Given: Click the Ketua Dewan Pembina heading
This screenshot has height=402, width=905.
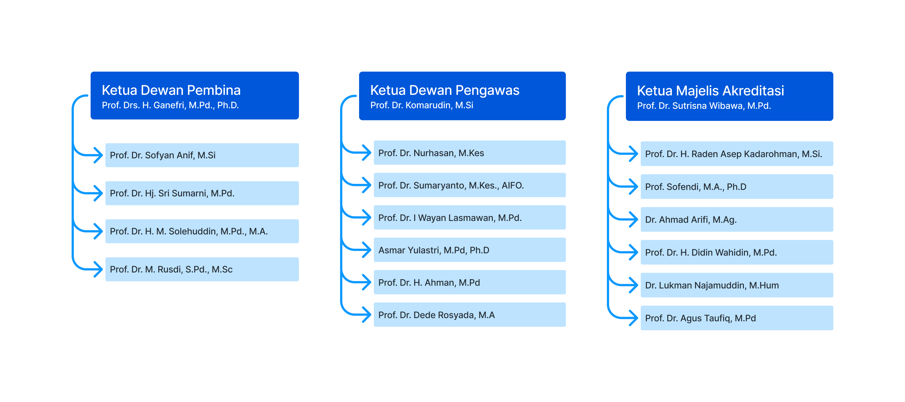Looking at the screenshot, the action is click(171, 90).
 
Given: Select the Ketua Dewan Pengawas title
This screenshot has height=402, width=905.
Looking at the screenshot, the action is click(445, 90).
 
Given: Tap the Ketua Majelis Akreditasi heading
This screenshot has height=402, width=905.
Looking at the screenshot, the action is click(710, 91).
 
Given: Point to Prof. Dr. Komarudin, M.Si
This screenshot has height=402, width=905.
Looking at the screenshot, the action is click(421, 105).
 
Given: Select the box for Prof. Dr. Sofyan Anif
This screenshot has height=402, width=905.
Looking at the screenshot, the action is click(202, 155).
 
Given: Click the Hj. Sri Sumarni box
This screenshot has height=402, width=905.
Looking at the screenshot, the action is click(202, 193).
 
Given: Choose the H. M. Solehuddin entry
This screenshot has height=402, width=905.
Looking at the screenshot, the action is click(202, 231).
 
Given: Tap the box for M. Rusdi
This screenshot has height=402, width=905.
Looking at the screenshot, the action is click(202, 269).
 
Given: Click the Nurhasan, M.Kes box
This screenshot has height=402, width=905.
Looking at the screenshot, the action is click(470, 153).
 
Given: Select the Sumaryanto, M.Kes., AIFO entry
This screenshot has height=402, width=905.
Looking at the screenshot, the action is click(470, 185).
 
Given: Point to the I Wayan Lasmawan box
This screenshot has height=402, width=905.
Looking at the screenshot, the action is click(470, 218).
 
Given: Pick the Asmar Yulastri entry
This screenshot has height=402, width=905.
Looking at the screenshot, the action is click(470, 250).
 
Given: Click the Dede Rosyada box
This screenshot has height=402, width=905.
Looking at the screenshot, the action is click(470, 314).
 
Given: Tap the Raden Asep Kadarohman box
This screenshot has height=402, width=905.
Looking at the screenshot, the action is click(737, 154).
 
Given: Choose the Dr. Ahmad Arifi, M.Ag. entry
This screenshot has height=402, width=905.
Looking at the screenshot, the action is click(737, 219).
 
